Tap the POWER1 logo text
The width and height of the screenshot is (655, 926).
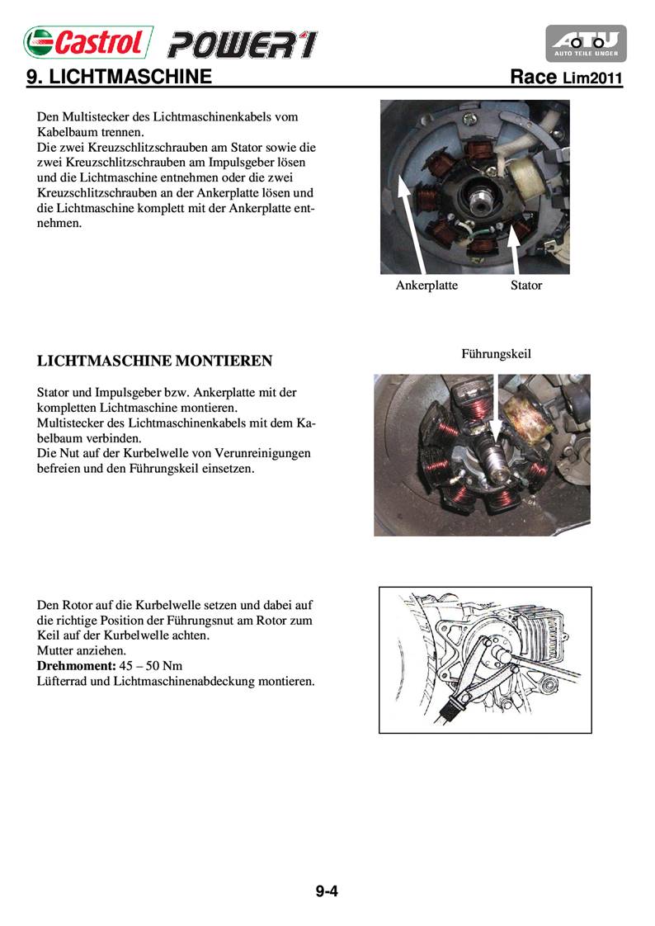[243, 44]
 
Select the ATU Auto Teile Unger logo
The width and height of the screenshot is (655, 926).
[586, 43]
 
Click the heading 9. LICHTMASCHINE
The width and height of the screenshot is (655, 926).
[119, 78]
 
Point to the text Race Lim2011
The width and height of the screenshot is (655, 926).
[566, 78]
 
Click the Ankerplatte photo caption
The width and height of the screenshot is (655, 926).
[426, 286]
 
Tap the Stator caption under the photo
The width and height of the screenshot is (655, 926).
[526, 286]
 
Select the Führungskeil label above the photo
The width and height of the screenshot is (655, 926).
[496, 353]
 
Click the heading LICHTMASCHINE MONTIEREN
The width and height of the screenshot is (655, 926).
[155, 361]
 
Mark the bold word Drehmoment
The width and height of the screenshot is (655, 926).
[74, 665]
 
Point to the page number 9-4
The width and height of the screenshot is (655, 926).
[327, 891]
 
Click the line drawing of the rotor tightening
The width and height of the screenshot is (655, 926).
[485, 659]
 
